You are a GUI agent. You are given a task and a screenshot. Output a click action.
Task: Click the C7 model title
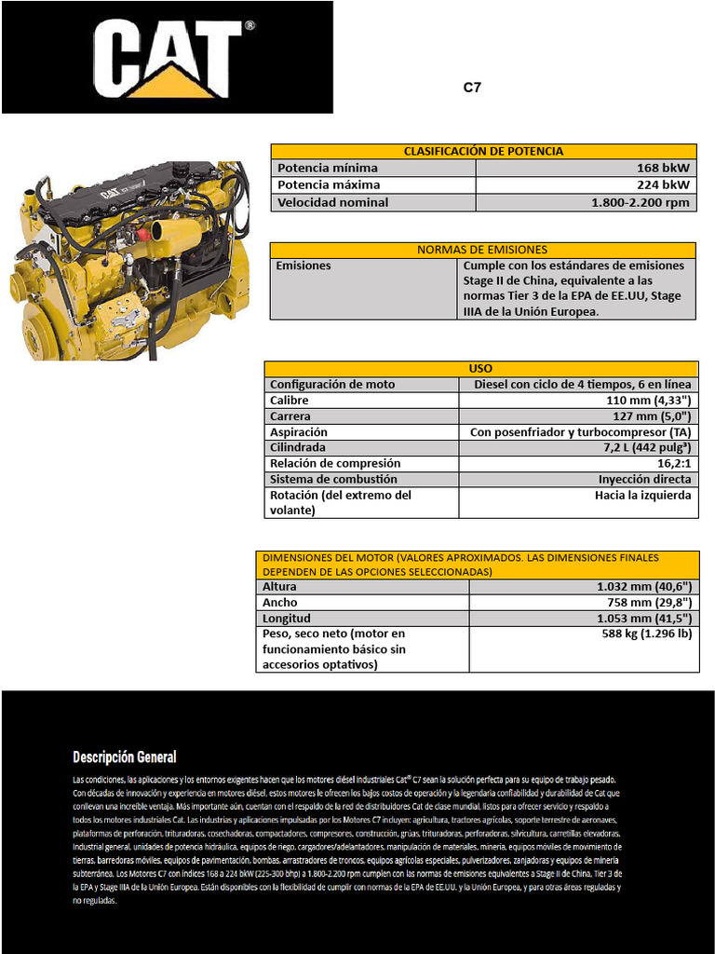pyautogui.click(x=472, y=89)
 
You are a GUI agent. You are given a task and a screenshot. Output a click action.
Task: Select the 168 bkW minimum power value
pyautogui.click(x=663, y=168)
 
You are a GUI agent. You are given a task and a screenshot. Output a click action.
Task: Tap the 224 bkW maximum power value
pyautogui.click(x=663, y=184)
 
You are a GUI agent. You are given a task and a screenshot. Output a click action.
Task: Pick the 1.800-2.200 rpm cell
pyautogui.click(x=640, y=202)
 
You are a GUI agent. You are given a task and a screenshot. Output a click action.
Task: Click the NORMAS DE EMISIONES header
pyautogui.click(x=482, y=250)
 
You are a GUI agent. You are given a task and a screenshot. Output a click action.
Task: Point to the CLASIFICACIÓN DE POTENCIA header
pyautogui.click(x=482, y=151)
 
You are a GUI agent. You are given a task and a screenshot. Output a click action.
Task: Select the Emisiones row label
pyautogui.click(x=304, y=266)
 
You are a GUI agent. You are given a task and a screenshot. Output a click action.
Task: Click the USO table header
pyautogui.click(x=480, y=368)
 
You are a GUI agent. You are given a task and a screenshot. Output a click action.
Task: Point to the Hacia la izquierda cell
pyautogui.click(x=642, y=496)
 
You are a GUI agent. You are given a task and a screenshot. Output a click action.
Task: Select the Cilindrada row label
pyautogui.click(x=297, y=447)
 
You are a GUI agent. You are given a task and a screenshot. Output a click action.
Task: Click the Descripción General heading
pyautogui.click(x=125, y=757)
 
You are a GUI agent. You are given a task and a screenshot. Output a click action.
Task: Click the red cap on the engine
pyautogui.click(x=143, y=235)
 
